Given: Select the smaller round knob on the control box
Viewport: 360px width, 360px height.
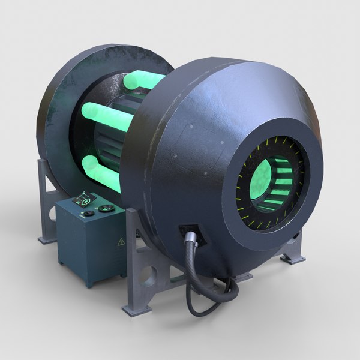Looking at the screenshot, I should [89, 213].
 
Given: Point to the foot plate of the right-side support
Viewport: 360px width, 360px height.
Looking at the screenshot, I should [294, 258].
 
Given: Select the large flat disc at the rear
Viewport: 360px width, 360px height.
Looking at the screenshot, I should [66, 108].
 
